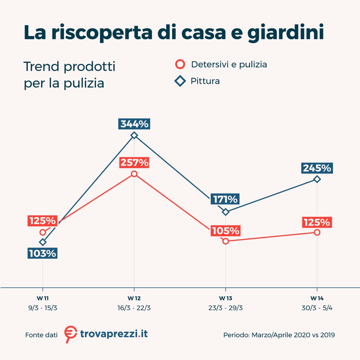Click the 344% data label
click(134, 124)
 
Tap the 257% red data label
click(134, 163)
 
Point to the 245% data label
click(317, 168)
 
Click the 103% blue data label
click(43, 253)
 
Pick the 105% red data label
click(225, 230)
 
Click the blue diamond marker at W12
click(134, 135)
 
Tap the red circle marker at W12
click(134, 174)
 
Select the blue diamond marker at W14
click(317, 179)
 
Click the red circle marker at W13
click(225, 241)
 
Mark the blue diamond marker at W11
click(43, 242)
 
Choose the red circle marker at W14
click(317, 232)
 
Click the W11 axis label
click(43, 298)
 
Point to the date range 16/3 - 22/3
click(134, 308)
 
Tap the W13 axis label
click(225, 298)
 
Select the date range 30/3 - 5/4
click(317, 308)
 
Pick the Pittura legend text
click(205, 81)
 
